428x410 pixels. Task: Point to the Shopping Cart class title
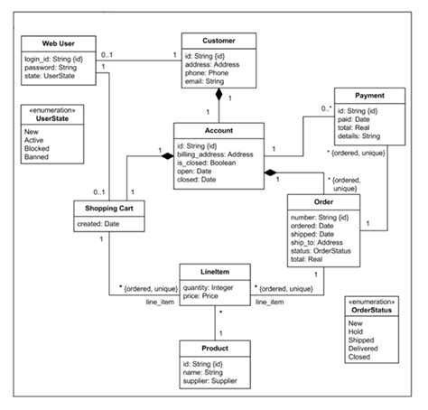pyautogui.click(x=107, y=208)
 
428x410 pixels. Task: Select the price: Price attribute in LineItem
pyautogui.click(x=202, y=294)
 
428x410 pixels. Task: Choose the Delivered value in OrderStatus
pyautogui.click(x=366, y=349)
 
